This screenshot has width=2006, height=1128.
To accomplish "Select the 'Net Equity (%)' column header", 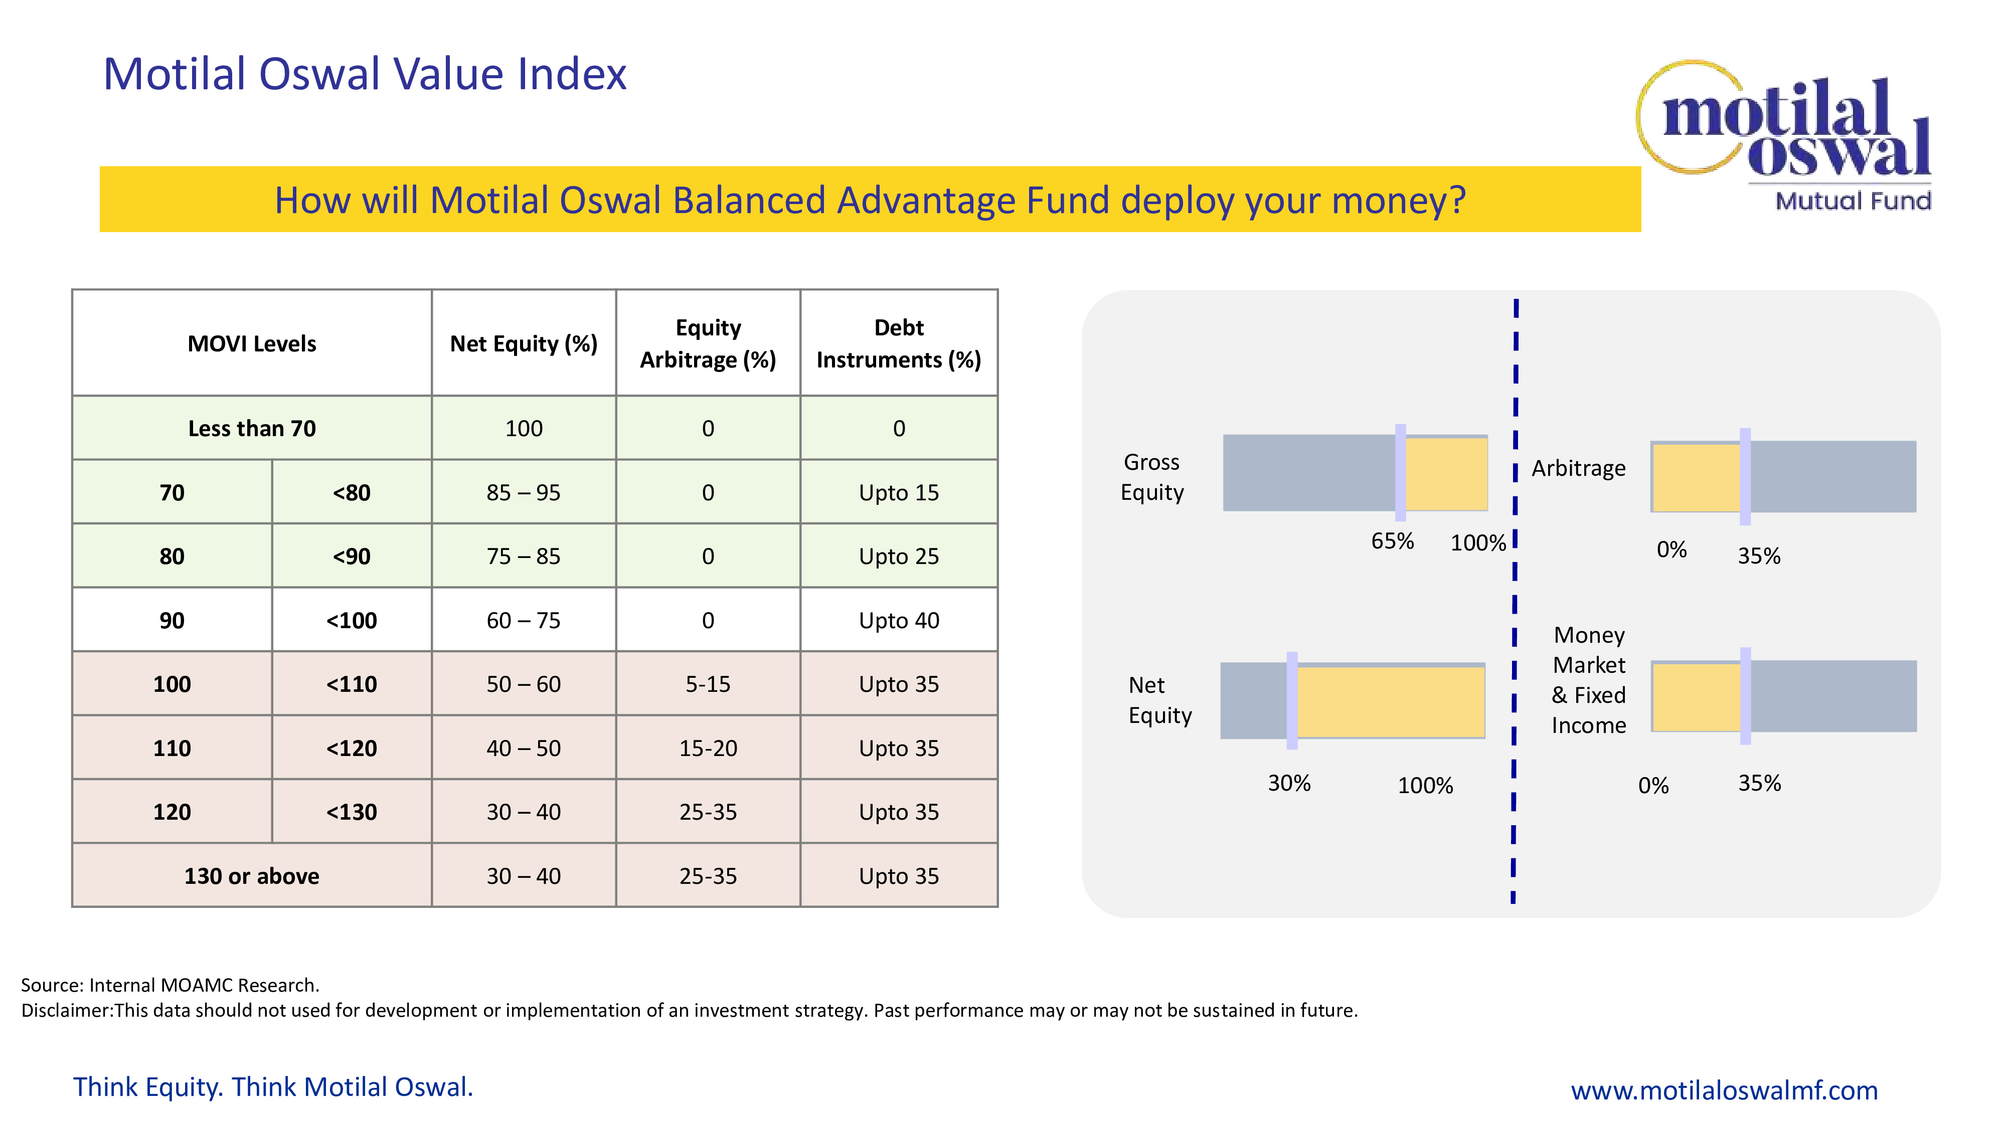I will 523,343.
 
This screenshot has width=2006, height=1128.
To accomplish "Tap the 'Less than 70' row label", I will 252,428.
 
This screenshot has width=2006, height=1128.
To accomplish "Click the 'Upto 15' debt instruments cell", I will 899,493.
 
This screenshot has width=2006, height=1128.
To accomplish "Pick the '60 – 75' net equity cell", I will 523,621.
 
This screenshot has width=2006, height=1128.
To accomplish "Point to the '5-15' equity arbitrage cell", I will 708,684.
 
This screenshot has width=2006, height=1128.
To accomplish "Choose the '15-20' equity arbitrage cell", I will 708,748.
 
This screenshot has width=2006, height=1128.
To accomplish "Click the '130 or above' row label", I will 252,876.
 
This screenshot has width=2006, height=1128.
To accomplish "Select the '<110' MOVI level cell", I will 351,684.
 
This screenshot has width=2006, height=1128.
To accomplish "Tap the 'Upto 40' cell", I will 899,621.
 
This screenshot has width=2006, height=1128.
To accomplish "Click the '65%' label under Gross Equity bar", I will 1392,541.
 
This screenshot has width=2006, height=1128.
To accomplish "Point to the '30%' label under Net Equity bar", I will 1289,783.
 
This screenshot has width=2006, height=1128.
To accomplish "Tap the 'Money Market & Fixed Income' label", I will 1589,680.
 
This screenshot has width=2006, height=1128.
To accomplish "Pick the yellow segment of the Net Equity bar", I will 1390,701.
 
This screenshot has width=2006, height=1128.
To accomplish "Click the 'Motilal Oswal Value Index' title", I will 365,75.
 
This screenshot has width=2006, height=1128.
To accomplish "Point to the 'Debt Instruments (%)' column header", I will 899,343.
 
